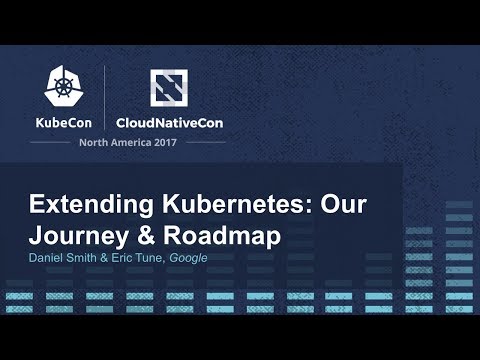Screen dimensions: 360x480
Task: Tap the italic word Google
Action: (x=187, y=258)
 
